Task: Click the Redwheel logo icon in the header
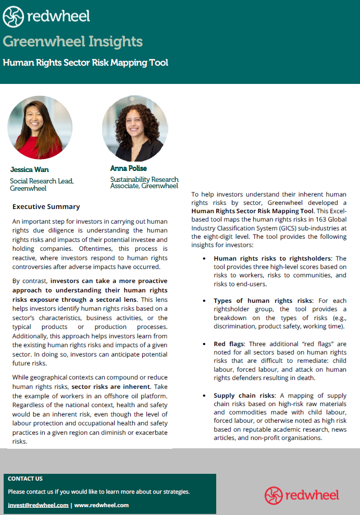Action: click(13, 17)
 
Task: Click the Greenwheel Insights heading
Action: click(72, 41)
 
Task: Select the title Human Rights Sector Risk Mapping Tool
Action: click(85, 63)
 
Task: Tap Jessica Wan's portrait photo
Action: click(40, 127)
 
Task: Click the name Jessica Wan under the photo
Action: click(29, 169)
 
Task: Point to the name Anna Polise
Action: click(128, 168)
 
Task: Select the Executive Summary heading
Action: click(46, 206)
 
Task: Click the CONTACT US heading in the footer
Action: click(26, 479)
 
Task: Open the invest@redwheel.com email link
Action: click(38, 505)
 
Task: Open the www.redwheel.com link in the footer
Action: click(102, 505)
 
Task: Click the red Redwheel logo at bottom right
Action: click(302, 495)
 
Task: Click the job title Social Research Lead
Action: click(42, 181)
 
